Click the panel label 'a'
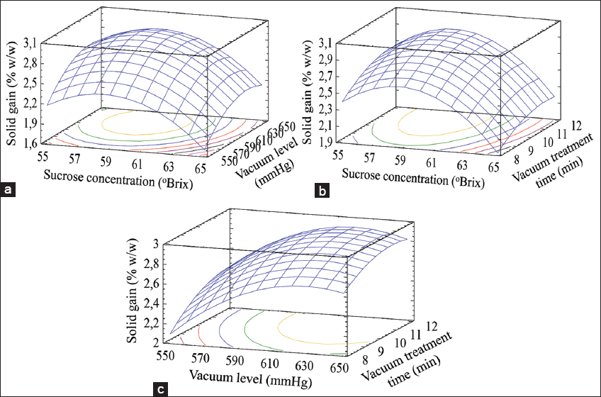coord(8,189)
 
